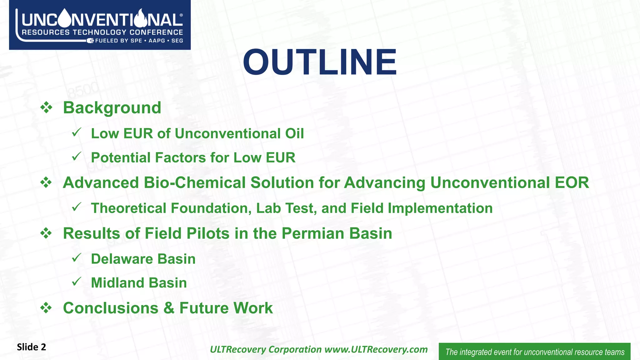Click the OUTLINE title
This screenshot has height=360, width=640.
point(320,62)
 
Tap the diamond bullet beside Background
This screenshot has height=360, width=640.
point(46,108)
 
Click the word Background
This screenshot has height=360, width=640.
point(112,108)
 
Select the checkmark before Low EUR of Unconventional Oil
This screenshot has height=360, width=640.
point(77,132)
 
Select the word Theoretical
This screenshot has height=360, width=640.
point(128,208)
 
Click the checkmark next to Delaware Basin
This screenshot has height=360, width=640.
point(77,258)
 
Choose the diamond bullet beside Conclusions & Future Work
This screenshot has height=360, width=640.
point(46,308)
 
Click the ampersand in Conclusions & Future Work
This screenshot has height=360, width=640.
point(169,308)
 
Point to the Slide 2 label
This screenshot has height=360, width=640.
point(31,347)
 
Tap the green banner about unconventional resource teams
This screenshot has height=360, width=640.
point(534,352)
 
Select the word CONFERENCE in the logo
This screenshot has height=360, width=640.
point(156,32)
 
